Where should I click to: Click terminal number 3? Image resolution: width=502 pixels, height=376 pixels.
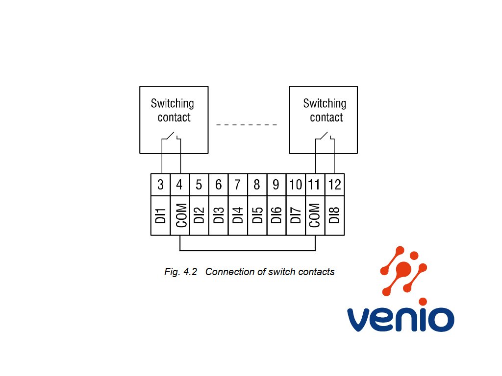(160, 185)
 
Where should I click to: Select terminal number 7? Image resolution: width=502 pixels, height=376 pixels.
(237, 185)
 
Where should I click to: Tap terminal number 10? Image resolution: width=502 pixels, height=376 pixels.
(296, 185)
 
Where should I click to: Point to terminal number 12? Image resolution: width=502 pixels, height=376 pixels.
(334, 185)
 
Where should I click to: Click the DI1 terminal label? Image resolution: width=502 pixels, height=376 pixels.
(160, 215)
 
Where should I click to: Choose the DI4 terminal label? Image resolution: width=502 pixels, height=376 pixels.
(238, 215)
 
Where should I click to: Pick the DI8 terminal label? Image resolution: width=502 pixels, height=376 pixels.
(334, 215)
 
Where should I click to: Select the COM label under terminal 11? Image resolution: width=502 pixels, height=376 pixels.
(314, 215)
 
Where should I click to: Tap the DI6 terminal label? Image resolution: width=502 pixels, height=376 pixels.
(276, 215)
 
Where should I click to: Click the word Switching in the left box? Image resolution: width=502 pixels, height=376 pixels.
(172, 104)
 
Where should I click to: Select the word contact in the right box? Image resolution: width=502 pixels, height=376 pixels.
(326, 117)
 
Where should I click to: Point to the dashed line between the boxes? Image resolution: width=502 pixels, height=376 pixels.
(247, 125)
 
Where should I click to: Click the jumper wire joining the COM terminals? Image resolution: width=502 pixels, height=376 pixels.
(248, 250)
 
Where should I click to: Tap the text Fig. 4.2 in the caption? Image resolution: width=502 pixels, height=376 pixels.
(180, 272)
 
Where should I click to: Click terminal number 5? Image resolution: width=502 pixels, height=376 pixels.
(199, 185)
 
